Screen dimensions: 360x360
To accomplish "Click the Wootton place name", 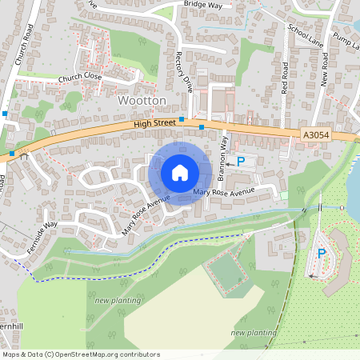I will pyautogui.click(x=142, y=101).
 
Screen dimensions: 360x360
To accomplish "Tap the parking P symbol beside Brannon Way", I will pyautogui.click(x=241, y=162).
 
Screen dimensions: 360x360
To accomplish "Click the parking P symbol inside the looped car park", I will pyautogui.click(x=322, y=254).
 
